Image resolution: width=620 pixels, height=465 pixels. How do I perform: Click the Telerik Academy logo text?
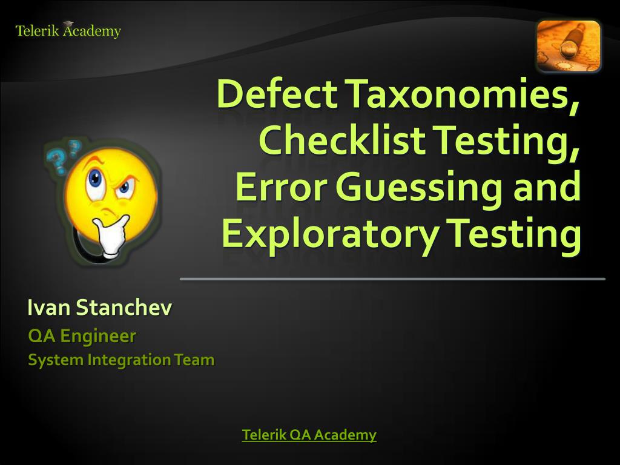(68, 31)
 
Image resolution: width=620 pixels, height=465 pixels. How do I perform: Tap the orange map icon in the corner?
(568, 45)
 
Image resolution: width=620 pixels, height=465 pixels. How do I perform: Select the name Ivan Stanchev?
(99, 308)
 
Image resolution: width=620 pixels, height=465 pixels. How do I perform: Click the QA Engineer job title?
(82, 335)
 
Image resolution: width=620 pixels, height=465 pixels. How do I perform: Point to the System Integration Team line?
(121, 360)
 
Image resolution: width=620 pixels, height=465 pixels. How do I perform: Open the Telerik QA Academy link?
(309, 435)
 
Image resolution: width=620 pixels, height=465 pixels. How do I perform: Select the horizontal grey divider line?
(392, 279)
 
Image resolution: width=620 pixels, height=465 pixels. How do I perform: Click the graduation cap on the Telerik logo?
(68, 24)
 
